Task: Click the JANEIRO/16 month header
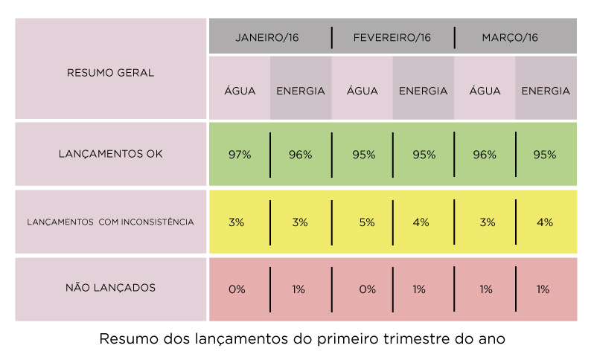(x=267, y=37)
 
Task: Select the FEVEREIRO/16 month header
(x=392, y=37)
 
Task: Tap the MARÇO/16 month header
(x=510, y=37)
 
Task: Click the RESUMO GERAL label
(x=110, y=73)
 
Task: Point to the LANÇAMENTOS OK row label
(x=110, y=154)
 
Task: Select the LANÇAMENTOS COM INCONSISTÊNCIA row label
(x=110, y=222)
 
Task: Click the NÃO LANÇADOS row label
(x=110, y=287)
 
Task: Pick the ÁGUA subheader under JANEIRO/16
(x=240, y=91)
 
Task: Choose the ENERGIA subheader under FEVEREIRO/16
(x=424, y=91)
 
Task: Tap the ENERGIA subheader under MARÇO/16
(x=546, y=91)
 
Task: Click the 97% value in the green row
(x=240, y=155)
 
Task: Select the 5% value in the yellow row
(x=366, y=222)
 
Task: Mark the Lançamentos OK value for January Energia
(x=300, y=155)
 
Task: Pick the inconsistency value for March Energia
(x=545, y=222)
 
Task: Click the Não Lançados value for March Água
(x=485, y=289)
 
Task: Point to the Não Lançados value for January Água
(x=237, y=289)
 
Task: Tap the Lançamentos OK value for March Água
(x=485, y=155)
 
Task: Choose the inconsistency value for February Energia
(x=422, y=222)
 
